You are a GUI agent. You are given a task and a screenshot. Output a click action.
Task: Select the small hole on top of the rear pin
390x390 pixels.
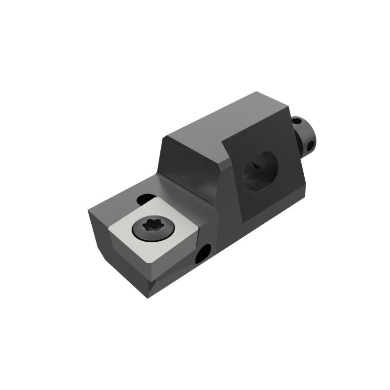[296, 120]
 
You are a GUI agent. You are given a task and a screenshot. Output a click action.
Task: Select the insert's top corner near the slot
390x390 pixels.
[155, 197]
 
